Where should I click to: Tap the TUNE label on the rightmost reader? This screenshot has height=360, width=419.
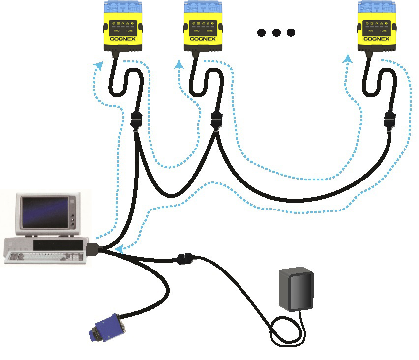(386, 30)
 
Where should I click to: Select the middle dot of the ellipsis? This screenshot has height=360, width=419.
(276, 33)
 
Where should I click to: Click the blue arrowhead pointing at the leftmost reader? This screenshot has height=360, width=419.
(100, 66)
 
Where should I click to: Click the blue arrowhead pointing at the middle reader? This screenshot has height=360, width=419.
(180, 64)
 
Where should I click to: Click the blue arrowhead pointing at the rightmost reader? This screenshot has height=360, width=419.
(349, 59)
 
